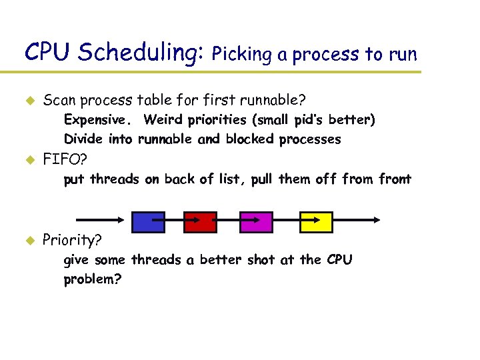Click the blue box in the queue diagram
coord(148,221)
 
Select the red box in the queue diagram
coord(201,221)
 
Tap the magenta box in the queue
coord(256,221)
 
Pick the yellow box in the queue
coord(316,221)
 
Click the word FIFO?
coord(66,160)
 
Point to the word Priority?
coord(72,240)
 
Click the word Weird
coord(162,120)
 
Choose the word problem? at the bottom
coord(93,279)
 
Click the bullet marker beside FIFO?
coord(29,160)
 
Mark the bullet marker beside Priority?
coord(29,240)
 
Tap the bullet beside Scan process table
coord(29,101)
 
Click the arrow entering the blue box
coord(100,219)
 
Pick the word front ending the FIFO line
coord(395,179)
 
